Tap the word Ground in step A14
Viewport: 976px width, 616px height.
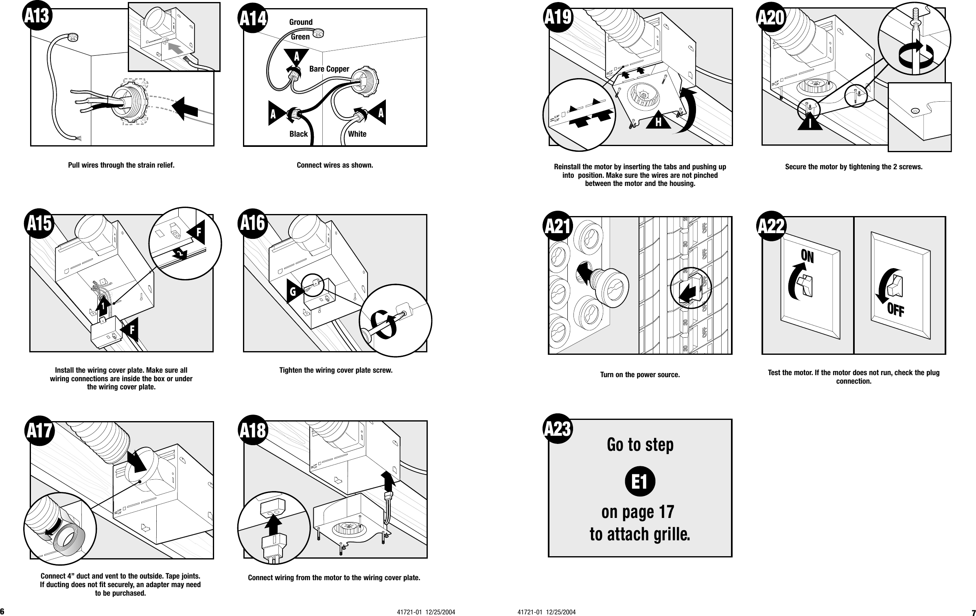[x=301, y=22]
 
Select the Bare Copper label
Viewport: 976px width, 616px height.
[x=329, y=69]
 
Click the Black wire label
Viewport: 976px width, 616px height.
[x=298, y=134]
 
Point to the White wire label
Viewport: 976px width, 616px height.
[x=357, y=134]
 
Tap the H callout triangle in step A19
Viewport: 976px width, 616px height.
[x=658, y=121]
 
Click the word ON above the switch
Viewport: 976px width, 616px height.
[x=807, y=257]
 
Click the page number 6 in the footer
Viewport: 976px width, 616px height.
[x=2, y=612]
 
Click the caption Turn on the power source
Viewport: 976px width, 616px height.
[x=640, y=375]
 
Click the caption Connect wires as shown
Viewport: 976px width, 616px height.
[x=335, y=166]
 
